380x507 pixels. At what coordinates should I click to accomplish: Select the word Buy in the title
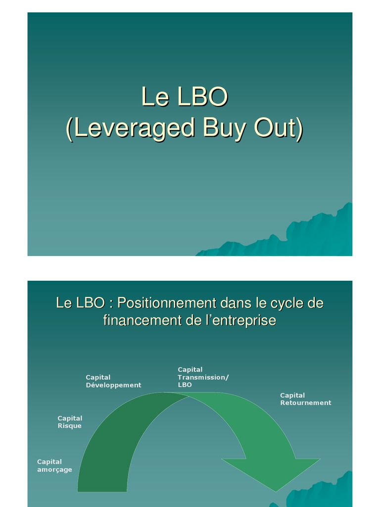pyautogui.click(x=223, y=129)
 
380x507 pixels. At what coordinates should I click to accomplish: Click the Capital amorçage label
pyautogui.click(x=54, y=465)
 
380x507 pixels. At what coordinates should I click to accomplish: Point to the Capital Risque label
pyautogui.click(x=70, y=422)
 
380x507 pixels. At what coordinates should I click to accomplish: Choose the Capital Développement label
pyautogui.click(x=113, y=381)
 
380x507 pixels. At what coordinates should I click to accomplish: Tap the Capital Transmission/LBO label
pyautogui.click(x=203, y=377)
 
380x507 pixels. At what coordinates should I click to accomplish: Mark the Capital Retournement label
pyautogui.click(x=305, y=399)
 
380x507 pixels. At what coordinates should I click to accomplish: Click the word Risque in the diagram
pyautogui.click(x=70, y=426)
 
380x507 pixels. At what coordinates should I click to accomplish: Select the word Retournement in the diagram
pyautogui.click(x=305, y=403)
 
